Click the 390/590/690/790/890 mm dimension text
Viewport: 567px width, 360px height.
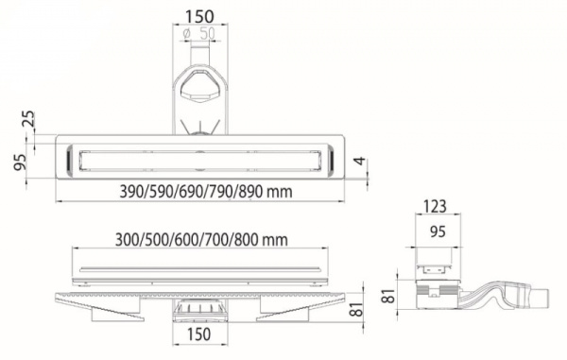(205, 192)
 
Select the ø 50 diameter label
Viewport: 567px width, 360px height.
(198, 34)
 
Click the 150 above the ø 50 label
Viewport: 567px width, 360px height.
(199, 16)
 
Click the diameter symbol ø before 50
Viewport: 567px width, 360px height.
(188, 34)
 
